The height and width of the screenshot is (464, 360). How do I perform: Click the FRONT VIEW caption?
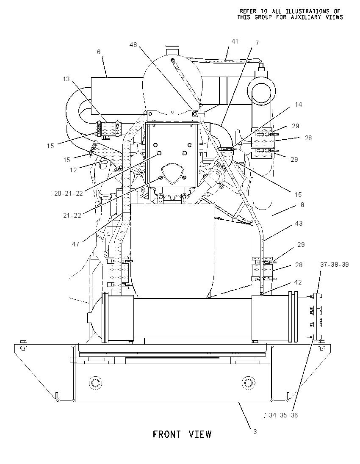(182, 434)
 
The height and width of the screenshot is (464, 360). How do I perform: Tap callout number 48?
(133, 45)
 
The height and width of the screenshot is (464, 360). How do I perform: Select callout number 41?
(235, 41)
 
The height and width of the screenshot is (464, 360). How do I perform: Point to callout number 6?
(99, 52)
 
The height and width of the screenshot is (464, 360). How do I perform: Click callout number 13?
(66, 79)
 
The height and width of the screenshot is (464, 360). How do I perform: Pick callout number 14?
(299, 105)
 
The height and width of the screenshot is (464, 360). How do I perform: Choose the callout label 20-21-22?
(68, 193)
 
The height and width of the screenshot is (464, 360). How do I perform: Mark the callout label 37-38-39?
(334, 265)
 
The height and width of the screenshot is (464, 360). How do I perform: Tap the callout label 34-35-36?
(283, 415)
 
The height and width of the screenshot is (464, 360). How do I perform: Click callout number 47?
(75, 244)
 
